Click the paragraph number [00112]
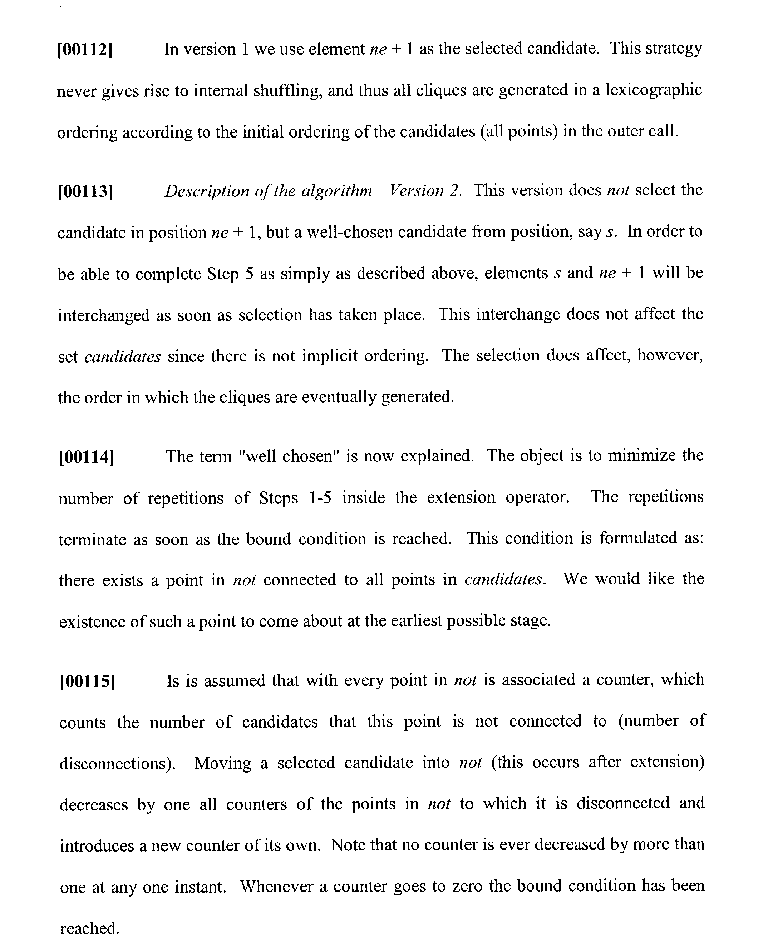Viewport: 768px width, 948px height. pyautogui.click(x=85, y=50)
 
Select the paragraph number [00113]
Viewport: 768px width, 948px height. pyautogui.click(x=85, y=192)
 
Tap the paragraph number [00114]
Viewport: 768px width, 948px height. pyautogui.click(x=86, y=457)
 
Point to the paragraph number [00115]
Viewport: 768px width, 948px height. pyautogui.click(x=87, y=681)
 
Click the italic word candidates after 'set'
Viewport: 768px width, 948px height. pyautogui.click(x=123, y=356)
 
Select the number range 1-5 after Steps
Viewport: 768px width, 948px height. pyautogui.click(x=320, y=498)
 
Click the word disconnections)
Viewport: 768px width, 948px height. pyautogui.click(x=117, y=764)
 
